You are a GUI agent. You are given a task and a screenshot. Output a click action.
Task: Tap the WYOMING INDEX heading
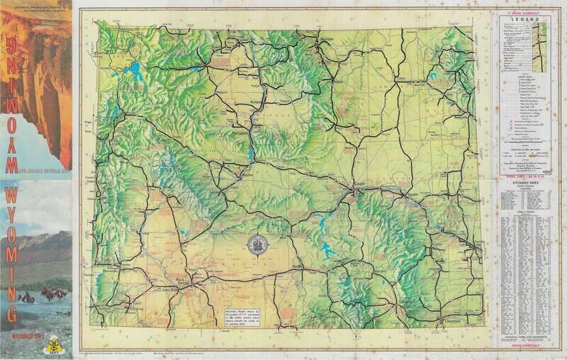coord(524,182)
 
